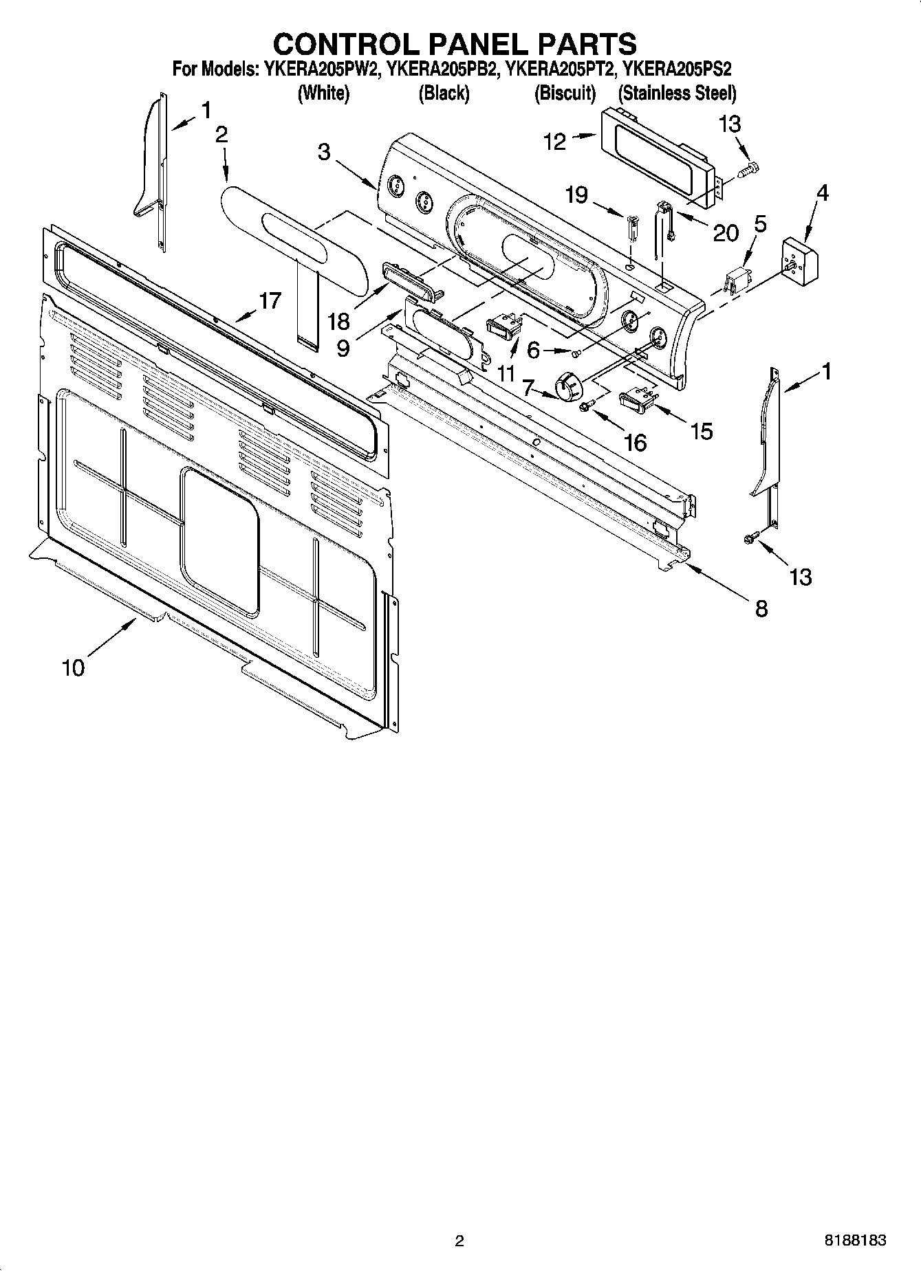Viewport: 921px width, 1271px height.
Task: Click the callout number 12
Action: (x=554, y=142)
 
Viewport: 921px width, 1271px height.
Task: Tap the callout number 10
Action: (x=73, y=667)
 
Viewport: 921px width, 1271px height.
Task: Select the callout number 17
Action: (x=270, y=300)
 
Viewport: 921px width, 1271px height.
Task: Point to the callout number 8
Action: (x=761, y=608)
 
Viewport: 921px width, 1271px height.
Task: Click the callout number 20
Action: (x=725, y=233)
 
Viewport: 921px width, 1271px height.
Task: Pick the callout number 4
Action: (x=821, y=193)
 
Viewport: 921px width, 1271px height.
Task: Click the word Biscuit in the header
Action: (x=565, y=93)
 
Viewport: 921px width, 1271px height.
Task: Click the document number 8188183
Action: (x=855, y=1241)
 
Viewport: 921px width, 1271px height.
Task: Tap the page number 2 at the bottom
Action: (x=459, y=1241)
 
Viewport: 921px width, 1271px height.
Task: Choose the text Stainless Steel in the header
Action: (x=678, y=93)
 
